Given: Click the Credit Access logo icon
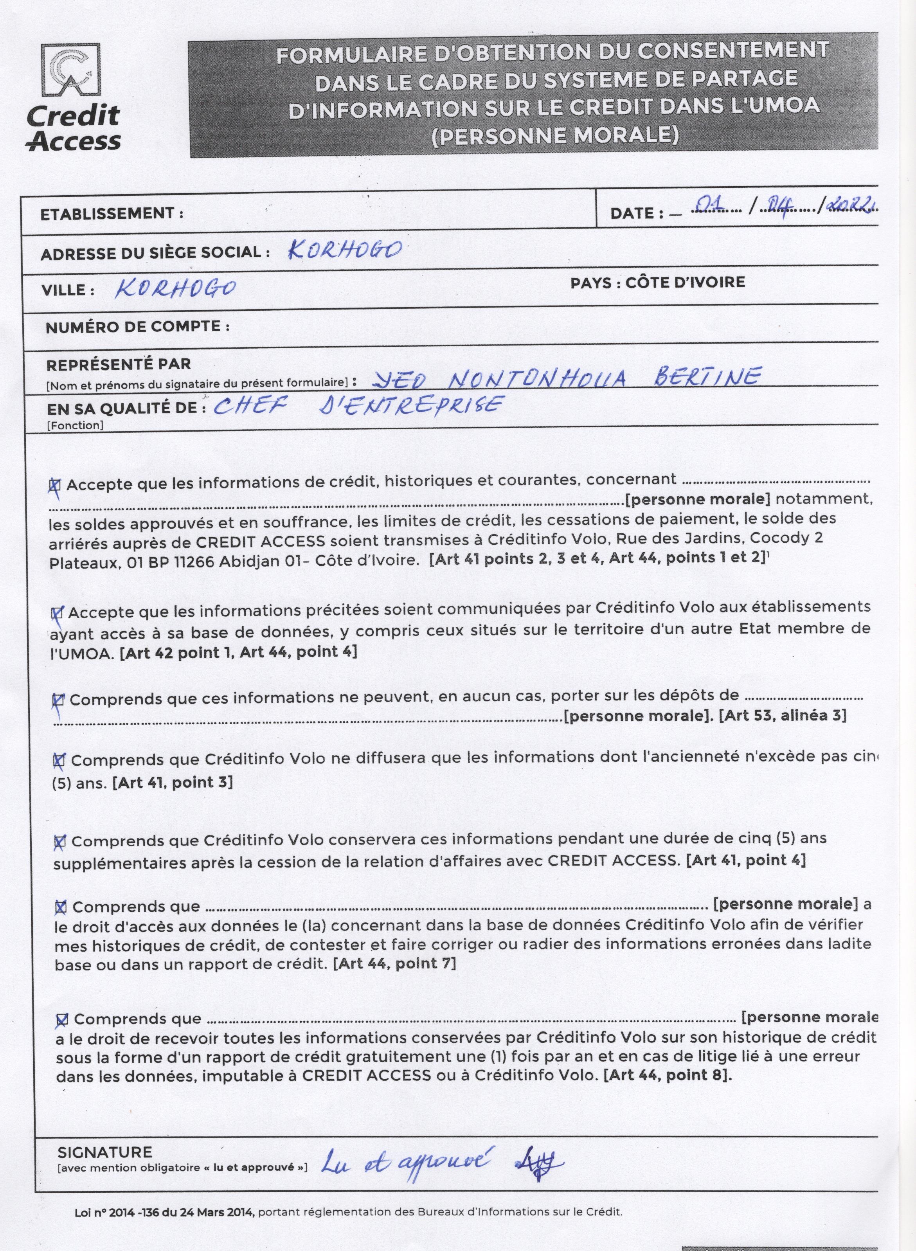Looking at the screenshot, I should [70, 70].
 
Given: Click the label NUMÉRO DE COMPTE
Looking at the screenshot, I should [137, 327].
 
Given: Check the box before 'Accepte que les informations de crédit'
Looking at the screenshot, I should [55, 485].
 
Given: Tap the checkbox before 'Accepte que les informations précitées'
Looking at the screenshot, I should [57, 613].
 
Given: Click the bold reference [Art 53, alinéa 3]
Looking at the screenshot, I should [782, 715].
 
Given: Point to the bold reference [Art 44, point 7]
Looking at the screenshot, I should [394, 963].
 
